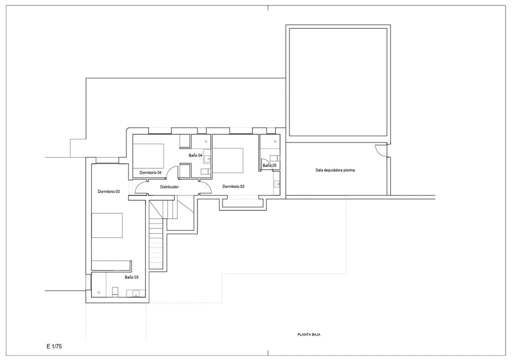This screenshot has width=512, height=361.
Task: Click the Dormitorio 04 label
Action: click(x=150, y=172)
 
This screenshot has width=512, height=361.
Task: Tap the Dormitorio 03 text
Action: click(x=108, y=191)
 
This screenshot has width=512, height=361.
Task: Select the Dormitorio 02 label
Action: click(x=233, y=186)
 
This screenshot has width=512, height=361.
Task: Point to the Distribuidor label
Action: click(x=169, y=187)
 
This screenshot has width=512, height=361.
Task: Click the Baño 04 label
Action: click(x=195, y=155)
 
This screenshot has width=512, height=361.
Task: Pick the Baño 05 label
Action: click(x=269, y=165)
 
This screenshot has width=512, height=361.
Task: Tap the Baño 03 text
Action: click(x=131, y=277)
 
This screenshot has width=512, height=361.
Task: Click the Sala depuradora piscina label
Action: click(x=335, y=170)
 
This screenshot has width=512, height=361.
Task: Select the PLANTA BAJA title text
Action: click(x=309, y=334)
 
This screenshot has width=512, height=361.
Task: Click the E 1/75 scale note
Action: click(x=54, y=346)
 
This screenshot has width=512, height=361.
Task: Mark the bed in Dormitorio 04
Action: click(x=148, y=156)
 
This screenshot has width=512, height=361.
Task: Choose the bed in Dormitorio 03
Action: click(x=107, y=225)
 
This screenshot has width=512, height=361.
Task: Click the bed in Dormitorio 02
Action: click(x=228, y=161)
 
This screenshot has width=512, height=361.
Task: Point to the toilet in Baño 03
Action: click(x=115, y=292)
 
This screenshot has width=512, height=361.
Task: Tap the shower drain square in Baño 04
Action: click(x=206, y=141)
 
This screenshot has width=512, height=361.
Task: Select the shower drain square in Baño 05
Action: click(x=275, y=141)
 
